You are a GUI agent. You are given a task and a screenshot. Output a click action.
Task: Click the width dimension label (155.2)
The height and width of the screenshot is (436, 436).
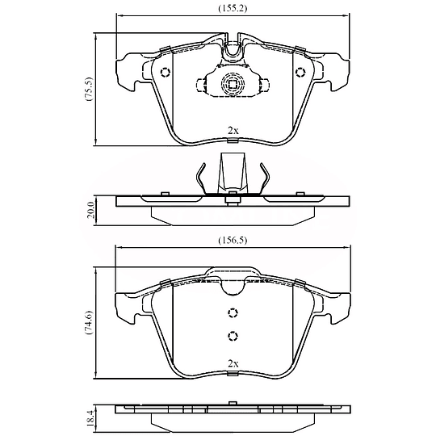pos(233,8)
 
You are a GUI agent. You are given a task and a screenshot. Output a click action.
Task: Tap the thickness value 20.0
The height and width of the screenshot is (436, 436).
pos(91,210)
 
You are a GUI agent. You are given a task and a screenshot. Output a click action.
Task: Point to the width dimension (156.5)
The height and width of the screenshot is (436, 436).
pos(233,240)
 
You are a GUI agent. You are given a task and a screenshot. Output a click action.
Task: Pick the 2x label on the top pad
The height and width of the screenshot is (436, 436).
pos(233,131)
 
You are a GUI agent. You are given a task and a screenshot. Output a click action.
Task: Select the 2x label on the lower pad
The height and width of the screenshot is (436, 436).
pos(233,363)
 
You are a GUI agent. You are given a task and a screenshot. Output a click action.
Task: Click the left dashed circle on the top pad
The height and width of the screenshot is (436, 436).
pos(166,73)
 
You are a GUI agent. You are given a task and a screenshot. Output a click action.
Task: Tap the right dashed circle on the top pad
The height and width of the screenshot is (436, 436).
pos(300,73)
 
